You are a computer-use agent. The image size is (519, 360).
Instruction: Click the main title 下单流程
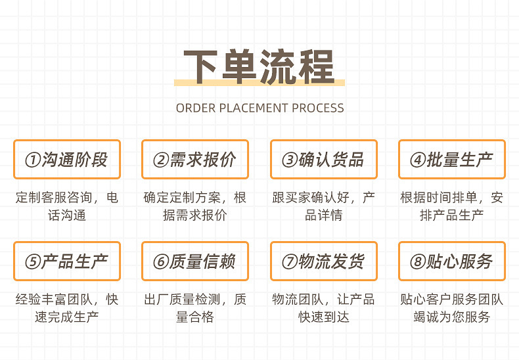click(259, 66)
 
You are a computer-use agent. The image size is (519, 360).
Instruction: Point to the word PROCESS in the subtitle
click(318, 108)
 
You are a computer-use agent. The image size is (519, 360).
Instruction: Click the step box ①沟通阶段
click(66, 159)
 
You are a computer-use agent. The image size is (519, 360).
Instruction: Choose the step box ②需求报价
click(195, 159)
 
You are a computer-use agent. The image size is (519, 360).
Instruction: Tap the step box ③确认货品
click(323, 159)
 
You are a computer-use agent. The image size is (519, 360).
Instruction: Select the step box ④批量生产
click(452, 159)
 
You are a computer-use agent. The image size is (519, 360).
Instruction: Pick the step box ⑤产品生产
click(66, 261)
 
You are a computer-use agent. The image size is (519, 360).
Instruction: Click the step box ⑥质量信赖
click(195, 261)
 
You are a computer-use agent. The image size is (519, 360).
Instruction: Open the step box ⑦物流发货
click(323, 261)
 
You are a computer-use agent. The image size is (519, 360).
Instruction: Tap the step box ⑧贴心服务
click(452, 261)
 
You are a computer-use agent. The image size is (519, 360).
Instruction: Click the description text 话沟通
click(66, 215)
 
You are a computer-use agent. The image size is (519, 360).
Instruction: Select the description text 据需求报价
click(195, 215)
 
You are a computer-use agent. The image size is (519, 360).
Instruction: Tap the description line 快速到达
click(323, 317)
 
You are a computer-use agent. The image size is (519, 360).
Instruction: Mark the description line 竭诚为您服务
click(452, 317)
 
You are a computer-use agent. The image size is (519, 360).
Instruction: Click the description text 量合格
click(195, 317)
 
